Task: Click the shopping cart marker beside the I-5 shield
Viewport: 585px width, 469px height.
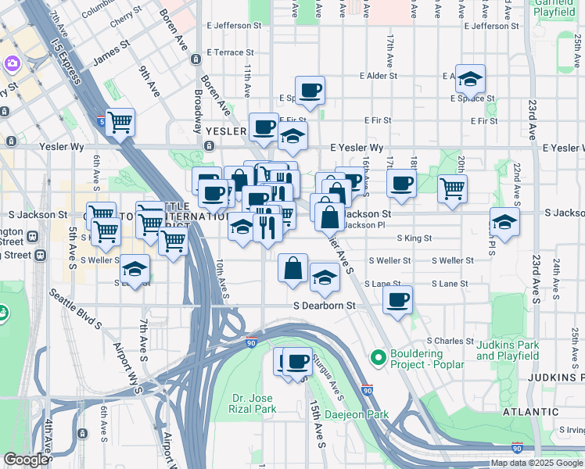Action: tap(120, 121)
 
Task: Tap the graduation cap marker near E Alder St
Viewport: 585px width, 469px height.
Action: tap(470, 78)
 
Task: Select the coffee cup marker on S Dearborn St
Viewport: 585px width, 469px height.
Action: tap(398, 300)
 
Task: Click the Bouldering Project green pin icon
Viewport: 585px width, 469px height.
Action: tap(379, 358)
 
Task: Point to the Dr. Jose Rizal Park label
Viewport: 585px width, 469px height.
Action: tap(253, 403)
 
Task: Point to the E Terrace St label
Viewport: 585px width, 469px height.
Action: tap(230, 52)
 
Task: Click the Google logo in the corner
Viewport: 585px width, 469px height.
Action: tap(26, 460)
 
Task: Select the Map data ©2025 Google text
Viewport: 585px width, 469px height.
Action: tap(537, 463)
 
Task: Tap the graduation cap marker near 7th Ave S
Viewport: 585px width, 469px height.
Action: tap(135, 270)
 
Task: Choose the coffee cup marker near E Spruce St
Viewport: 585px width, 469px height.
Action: tap(310, 90)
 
